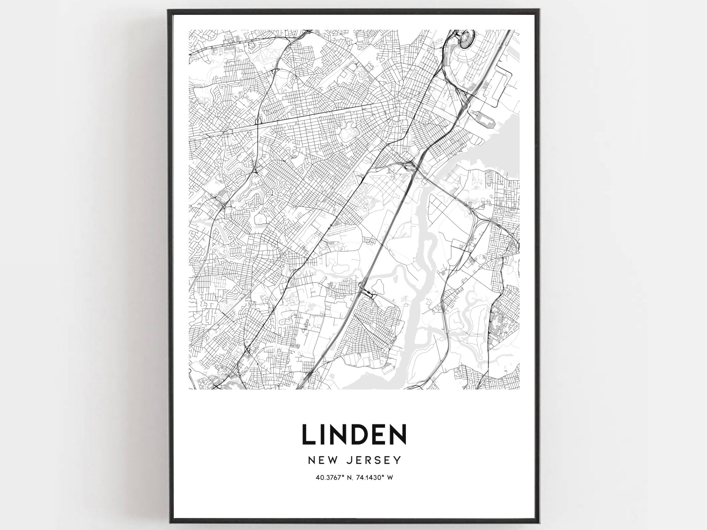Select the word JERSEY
[x=374, y=460]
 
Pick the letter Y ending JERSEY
[x=398, y=460]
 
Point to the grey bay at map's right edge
[x=509, y=142]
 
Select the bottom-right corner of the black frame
[x=539, y=523]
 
